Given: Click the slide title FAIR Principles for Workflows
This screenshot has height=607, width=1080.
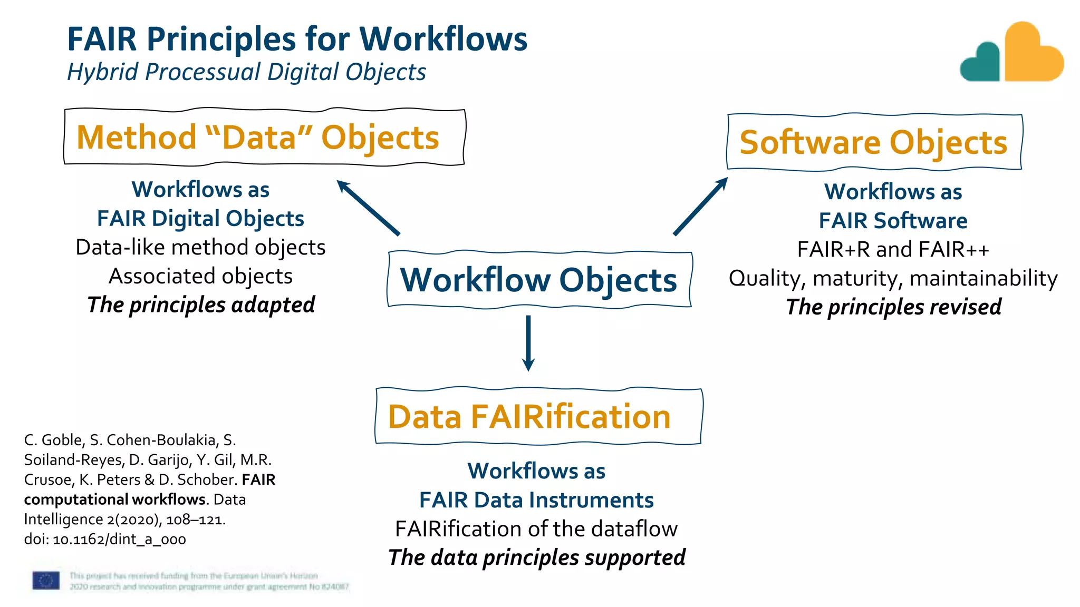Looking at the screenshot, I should tap(297, 39).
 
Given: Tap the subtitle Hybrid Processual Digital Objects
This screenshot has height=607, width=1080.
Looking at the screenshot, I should tap(246, 72).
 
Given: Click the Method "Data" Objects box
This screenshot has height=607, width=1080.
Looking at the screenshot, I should tap(264, 138).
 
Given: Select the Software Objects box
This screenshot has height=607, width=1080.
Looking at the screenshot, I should tap(874, 142).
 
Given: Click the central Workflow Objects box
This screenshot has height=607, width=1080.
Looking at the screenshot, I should tap(539, 280).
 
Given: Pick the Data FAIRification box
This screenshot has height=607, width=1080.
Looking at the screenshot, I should tap(538, 417).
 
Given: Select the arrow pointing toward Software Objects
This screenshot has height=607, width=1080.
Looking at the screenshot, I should tap(700, 207).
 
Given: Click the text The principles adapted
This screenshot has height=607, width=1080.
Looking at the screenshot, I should tap(201, 305).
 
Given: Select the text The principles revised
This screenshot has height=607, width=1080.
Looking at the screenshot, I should tap(893, 307).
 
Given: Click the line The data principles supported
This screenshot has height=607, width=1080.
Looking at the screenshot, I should tap(536, 557).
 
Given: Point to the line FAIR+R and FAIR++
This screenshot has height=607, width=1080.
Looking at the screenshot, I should tap(893, 249).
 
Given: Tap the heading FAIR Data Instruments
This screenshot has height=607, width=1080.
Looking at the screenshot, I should tap(536, 500).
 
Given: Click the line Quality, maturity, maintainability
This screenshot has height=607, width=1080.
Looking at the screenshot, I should tap(893, 278).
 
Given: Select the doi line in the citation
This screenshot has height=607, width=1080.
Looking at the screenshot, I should tap(105, 540).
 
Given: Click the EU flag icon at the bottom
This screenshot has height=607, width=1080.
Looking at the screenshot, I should tap(46, 581).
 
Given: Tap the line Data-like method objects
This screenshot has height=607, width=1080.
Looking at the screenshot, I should tap(200, 247).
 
